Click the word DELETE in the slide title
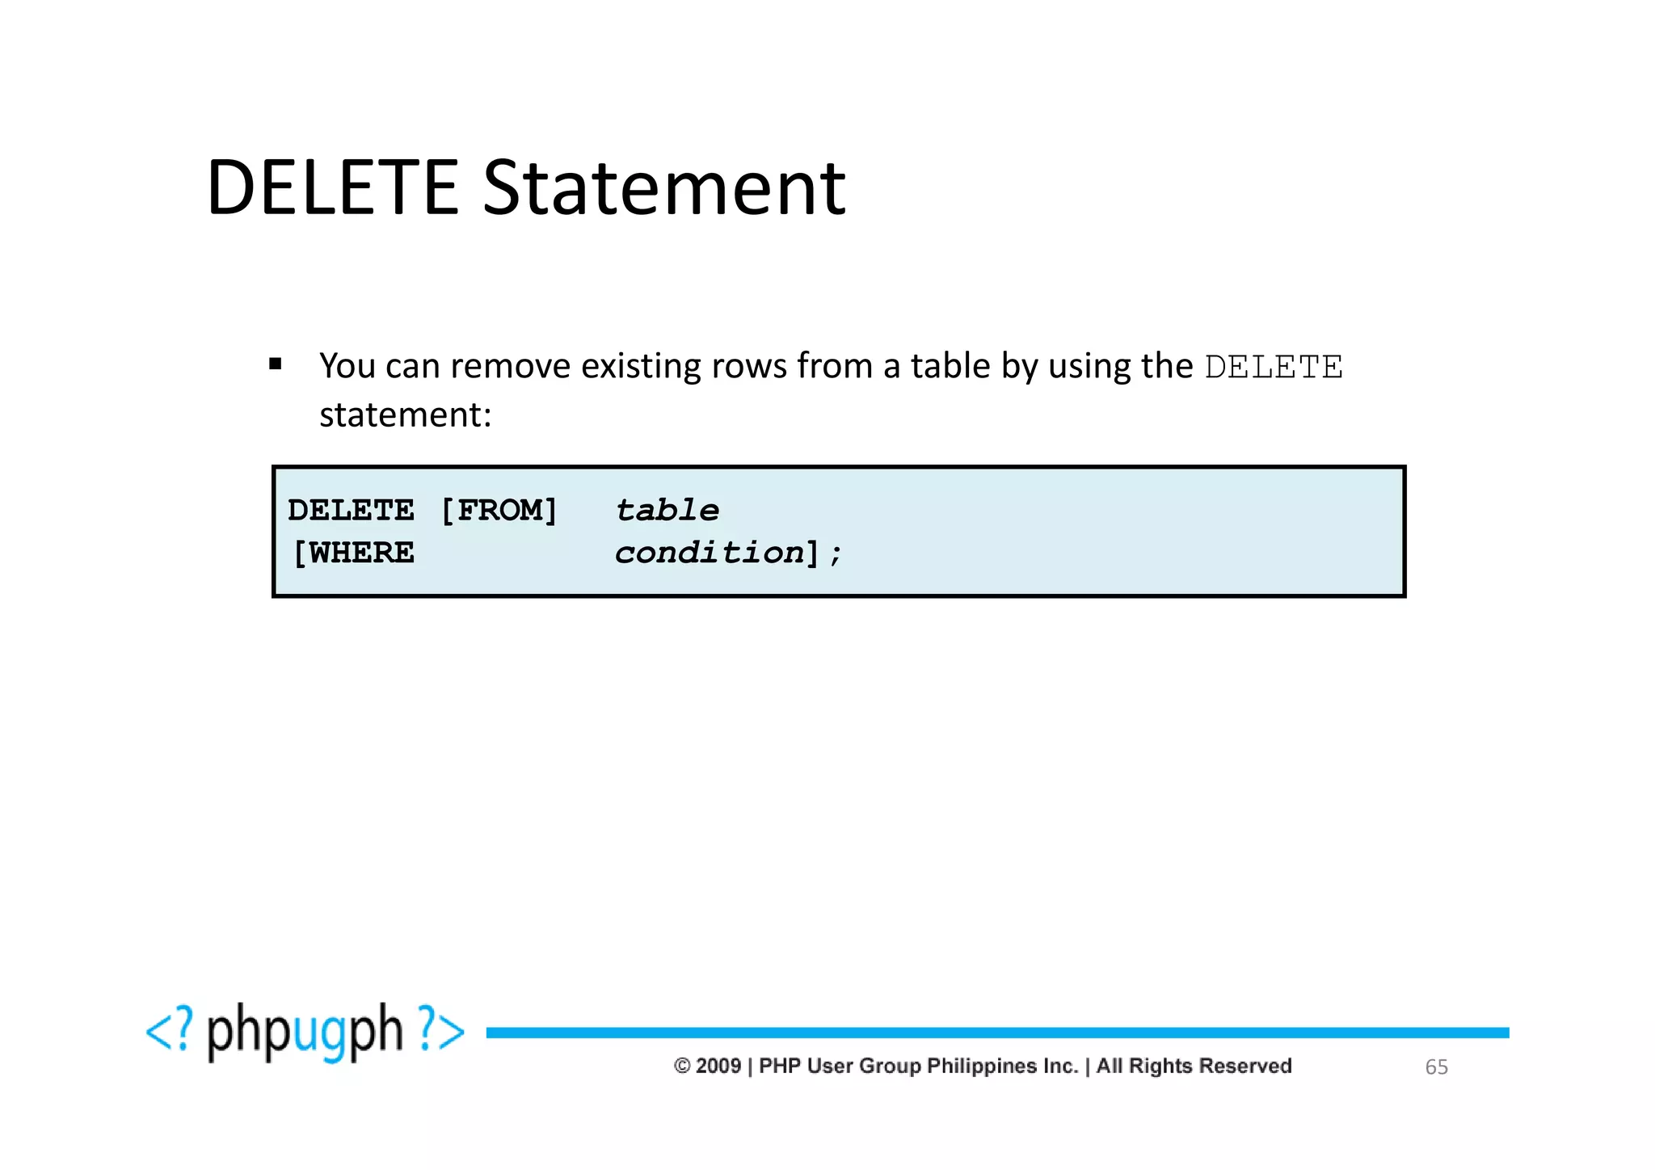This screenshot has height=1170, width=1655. (333, 188)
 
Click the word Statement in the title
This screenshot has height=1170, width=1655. (664, 188)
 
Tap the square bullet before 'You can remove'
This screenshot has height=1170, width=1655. (276, 364)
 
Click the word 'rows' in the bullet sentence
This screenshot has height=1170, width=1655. (748, 366)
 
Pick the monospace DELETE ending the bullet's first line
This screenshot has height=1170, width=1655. (1274, 368)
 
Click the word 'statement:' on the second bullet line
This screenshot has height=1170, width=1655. (405, 415)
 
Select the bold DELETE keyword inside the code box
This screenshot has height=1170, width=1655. (351, 511)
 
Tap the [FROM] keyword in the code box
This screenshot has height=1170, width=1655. (499, 511)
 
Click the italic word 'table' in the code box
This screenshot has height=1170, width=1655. (667, 511)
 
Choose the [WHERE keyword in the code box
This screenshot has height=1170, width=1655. (353, 553)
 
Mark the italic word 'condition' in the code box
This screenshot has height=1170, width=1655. (710, 553)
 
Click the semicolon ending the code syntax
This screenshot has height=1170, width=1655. (836, 554)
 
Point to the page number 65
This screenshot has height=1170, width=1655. (1436, 1067)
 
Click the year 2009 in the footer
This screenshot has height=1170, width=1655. (718, 1067)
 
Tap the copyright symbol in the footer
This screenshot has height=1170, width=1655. (682, 1067)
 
